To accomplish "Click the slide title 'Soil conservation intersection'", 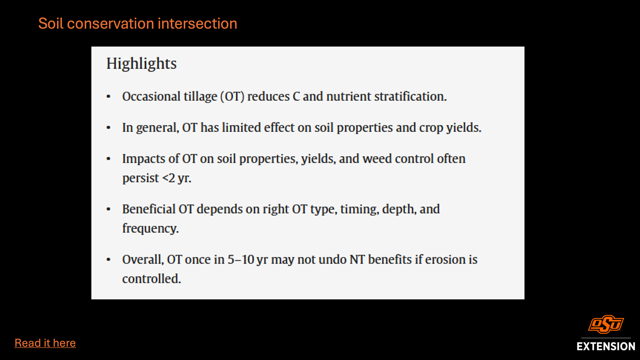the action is point(138,24).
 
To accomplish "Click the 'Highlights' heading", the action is point(141,64).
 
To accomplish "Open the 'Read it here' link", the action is point(45,343).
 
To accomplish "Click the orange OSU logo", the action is point(606,324).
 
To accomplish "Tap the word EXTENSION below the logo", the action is point(606,346).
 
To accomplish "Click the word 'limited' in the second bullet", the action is point(241,128).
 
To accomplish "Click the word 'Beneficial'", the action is point(149,209).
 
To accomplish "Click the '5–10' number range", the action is point(241,260).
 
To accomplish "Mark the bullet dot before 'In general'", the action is point(108,128).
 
